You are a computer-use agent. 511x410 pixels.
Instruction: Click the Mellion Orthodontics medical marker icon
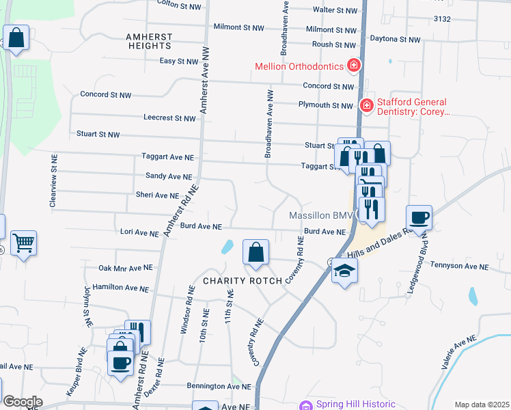coord(354,66)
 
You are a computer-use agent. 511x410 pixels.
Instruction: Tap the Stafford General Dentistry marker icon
coord(366,105)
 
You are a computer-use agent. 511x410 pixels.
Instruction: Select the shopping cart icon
coord(23,242)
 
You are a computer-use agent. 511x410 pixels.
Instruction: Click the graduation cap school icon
coord(344,271)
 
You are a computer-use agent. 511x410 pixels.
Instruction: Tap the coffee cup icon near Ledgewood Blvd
coord(419,218)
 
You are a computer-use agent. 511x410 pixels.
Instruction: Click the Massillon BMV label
coord(319,215)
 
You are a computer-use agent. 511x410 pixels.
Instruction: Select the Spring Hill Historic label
coord(355,404)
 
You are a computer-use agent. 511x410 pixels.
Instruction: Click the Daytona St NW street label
coord(395,40)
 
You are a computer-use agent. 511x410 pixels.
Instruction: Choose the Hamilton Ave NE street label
coord(120,288)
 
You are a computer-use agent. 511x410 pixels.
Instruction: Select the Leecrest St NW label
coord(169,118)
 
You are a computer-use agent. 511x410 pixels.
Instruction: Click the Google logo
coord(23,402)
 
